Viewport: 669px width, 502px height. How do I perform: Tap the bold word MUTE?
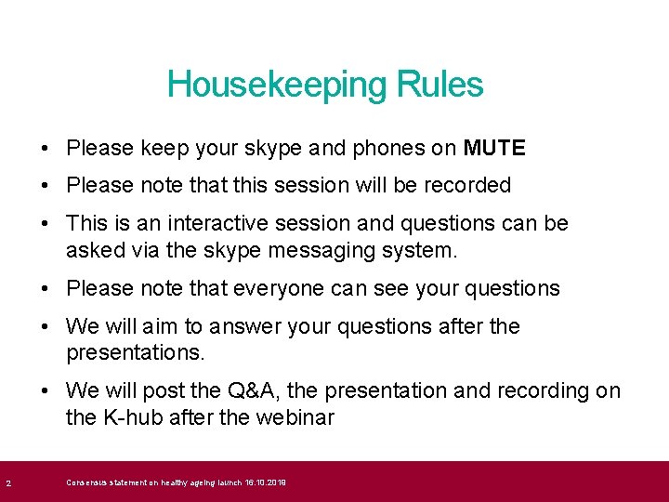(x=494, y=148)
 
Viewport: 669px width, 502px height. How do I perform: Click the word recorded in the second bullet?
(x=467, y=185)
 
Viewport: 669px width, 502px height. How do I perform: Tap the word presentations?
(x=135, y=353)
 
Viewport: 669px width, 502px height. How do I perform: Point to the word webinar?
(x=295, y=417)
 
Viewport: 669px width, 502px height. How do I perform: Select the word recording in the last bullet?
(x=544, y=390)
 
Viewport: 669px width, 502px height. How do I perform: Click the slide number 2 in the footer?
(x=7, y=482)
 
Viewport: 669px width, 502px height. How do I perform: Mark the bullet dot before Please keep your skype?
(x=46, y=148)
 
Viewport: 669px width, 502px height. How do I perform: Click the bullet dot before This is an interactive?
(x=46, y=223)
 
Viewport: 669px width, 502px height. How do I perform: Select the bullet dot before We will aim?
(x=46, y=326)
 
